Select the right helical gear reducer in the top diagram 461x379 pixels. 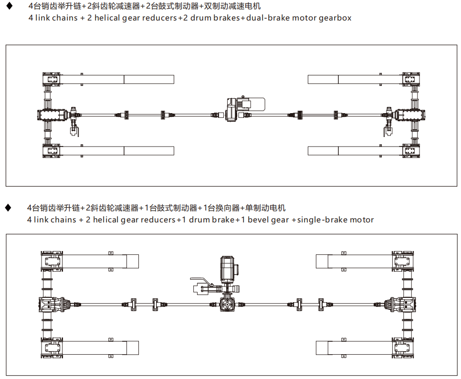(409, 115)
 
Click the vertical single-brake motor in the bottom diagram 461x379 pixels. (228, 269)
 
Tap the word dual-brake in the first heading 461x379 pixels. (265, 18)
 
